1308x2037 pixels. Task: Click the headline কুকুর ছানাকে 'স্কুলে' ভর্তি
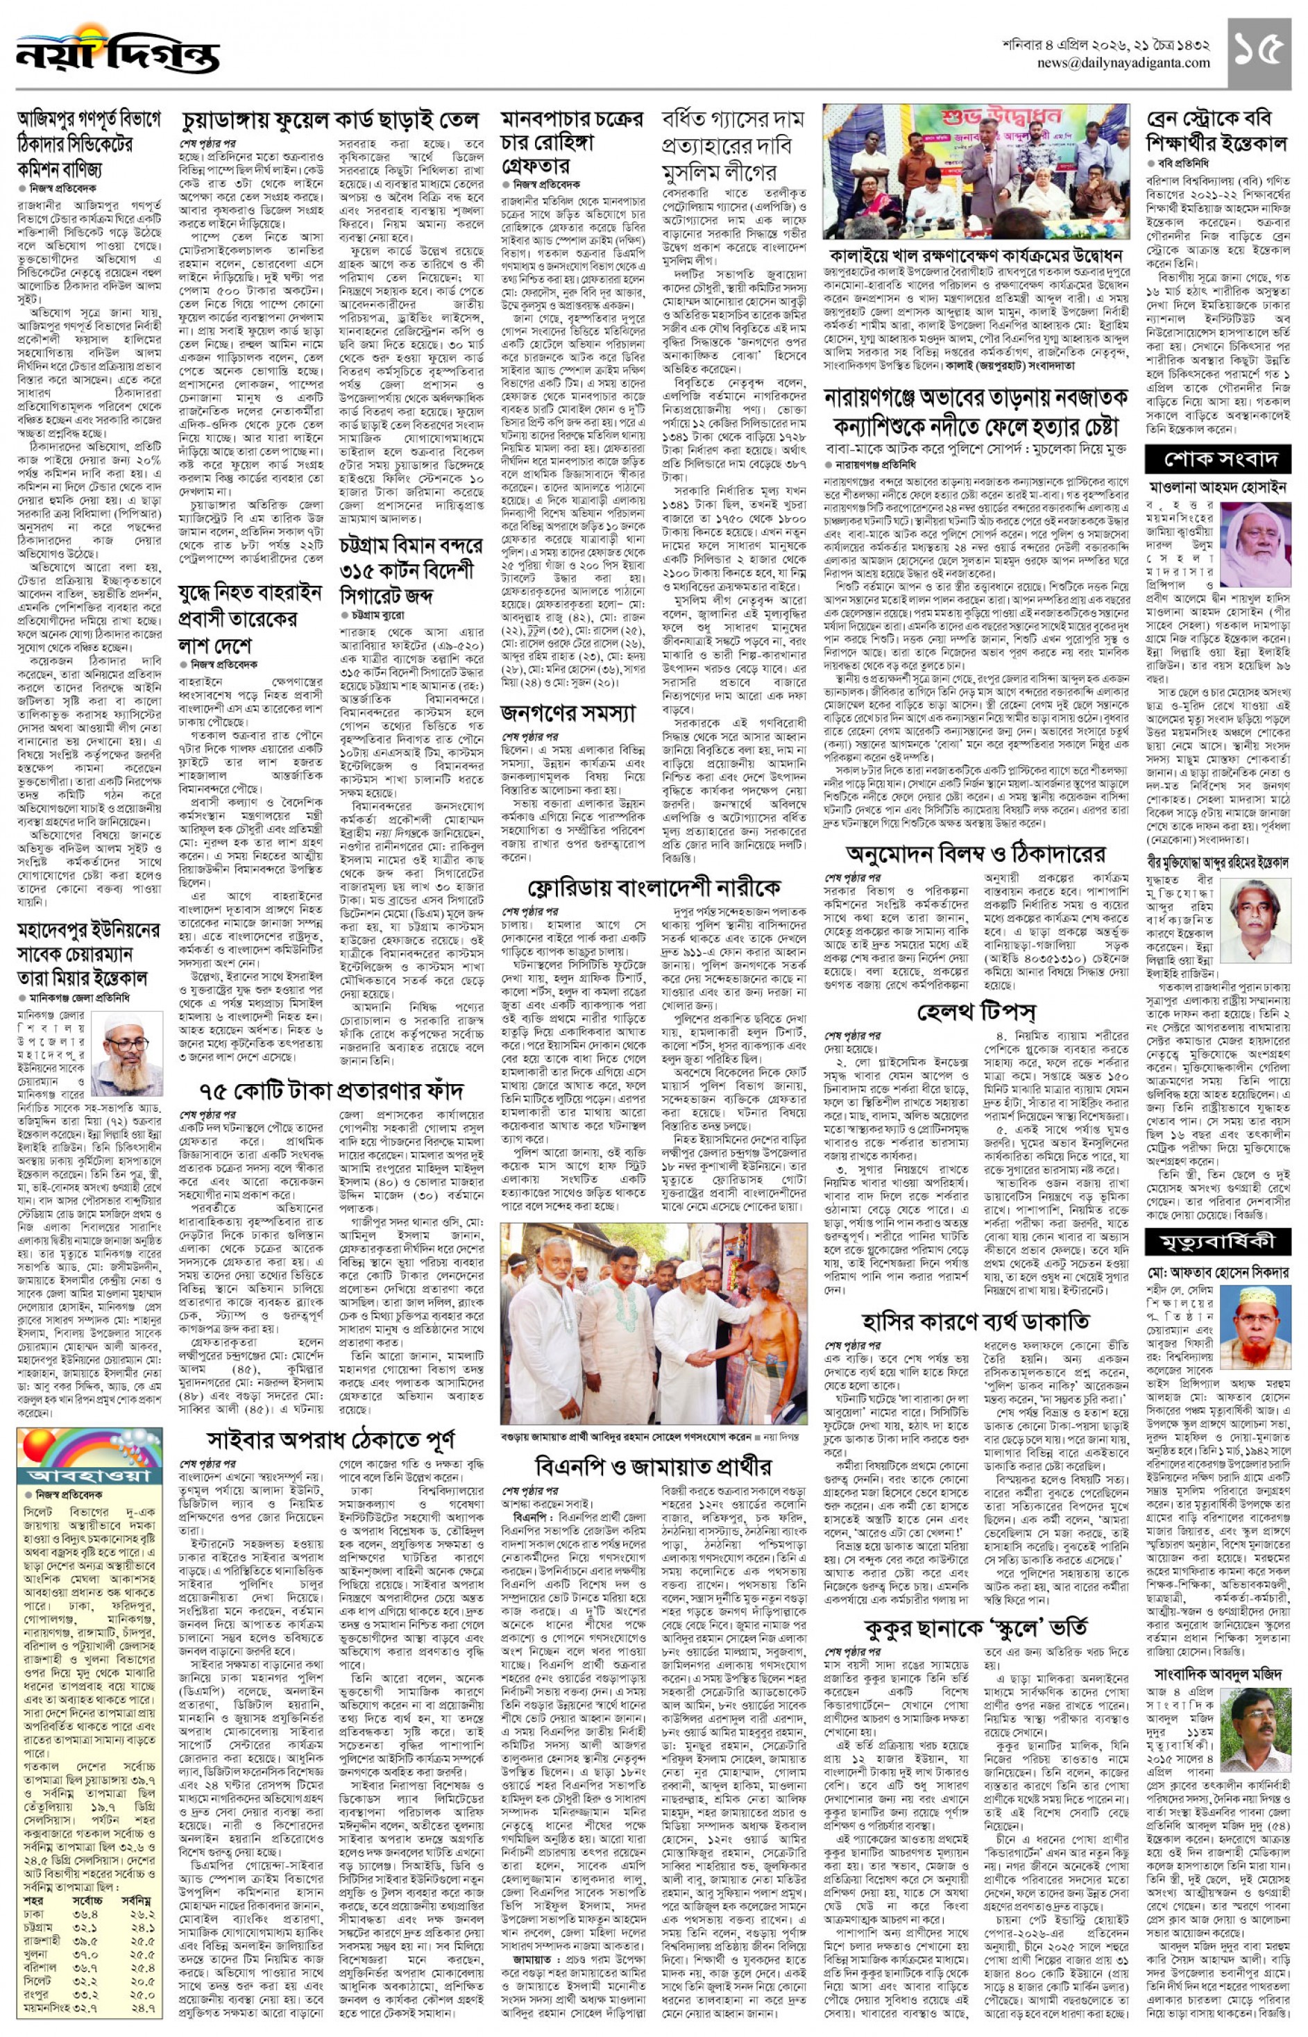pos(976,1628)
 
